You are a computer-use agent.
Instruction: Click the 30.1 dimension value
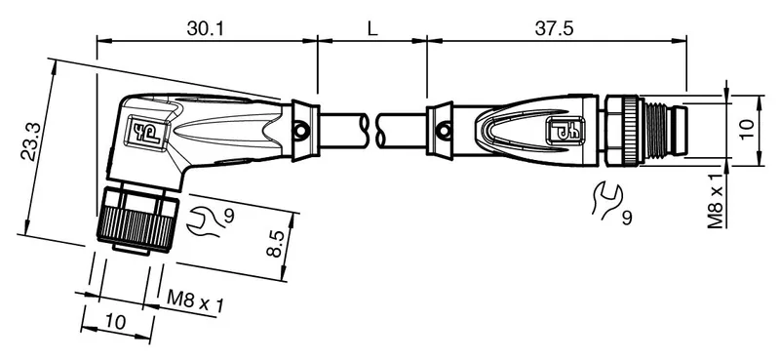(206, 29)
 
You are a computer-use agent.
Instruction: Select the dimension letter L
(372, 29)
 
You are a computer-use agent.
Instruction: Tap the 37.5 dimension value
(554, 29)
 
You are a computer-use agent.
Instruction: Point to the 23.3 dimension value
(33, 141)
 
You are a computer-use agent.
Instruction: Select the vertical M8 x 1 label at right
(716, 201)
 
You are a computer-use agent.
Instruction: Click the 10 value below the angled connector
(116, 322)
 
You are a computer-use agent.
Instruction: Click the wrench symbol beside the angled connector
(203, 221)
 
